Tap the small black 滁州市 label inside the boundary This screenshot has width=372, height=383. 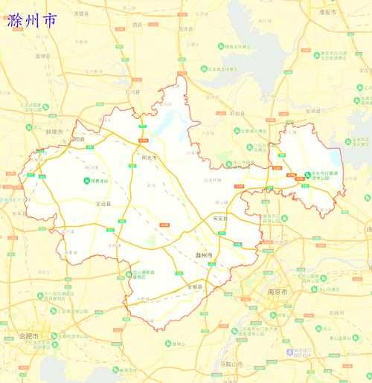click(x=203, y=255)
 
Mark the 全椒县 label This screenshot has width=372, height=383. click(x=195, y=286)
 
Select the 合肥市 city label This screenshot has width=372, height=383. click(x=29, y=336)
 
